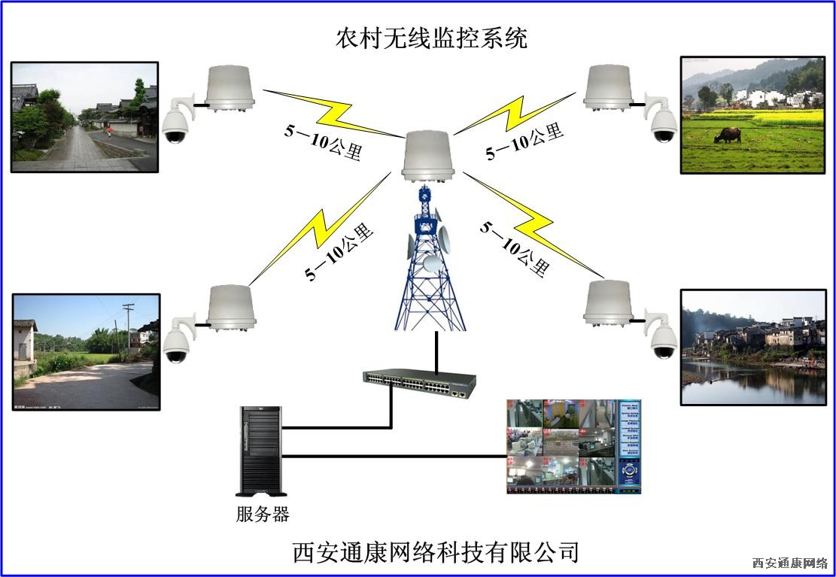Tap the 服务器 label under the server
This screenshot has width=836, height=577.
pyautogui.click(x=262, y=515)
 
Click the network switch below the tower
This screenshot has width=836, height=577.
pyautogui.click(x=419, y=384)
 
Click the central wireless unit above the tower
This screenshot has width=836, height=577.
pyautogui.click(x=429, y=156)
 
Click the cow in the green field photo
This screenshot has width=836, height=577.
pyautogui.click(x=728, y=135)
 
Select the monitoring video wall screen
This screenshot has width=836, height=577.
pyautogui.click(x=573, y=446)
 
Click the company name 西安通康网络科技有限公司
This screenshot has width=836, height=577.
pyautogui.click(x=436, y=552)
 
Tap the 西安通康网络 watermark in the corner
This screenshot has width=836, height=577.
pyautogui.click(x=789, y=563)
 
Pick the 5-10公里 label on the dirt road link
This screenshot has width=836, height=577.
pyautogui.click(x=339, y=252)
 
